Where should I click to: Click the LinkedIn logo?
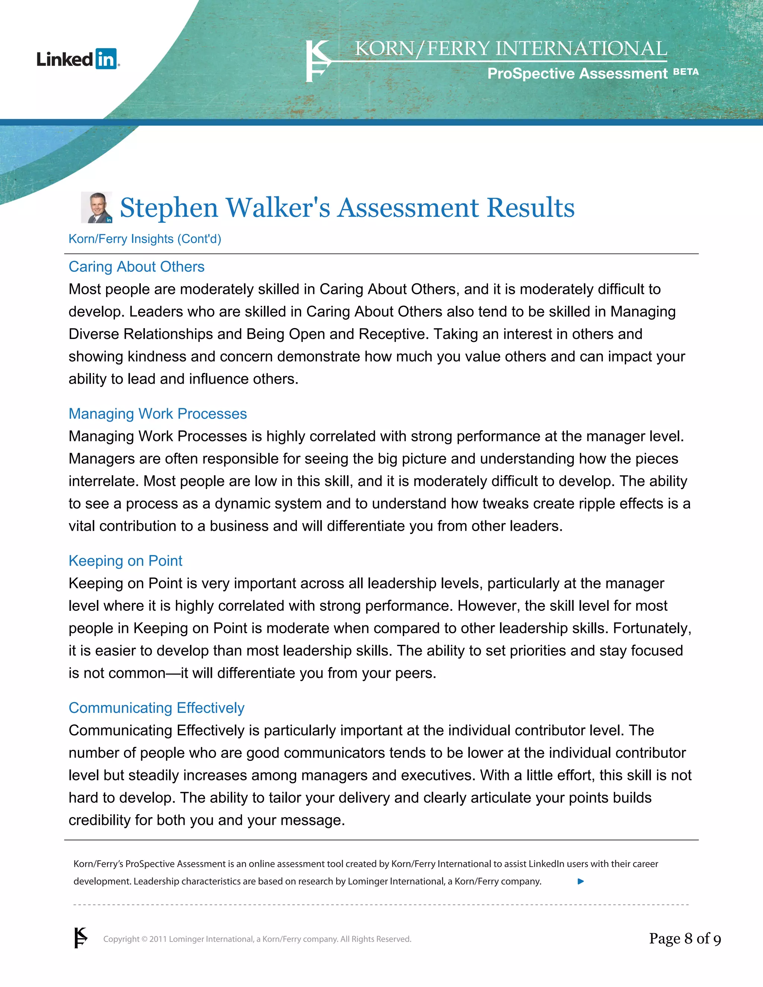(78, 59)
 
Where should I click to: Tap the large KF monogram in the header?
(318, 61)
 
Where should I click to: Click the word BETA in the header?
(686, 72)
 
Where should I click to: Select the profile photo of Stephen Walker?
(96, 207)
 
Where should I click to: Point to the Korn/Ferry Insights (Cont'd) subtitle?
(145, 239)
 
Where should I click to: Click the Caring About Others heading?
(136, 267)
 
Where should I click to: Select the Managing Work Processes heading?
(157, 413)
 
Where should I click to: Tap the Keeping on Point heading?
(125, 561)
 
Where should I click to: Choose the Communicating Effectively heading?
(156, 708)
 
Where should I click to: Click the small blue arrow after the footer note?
(581, 881)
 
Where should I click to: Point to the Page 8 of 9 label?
(684, 939)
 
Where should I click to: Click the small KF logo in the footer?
(80, 938)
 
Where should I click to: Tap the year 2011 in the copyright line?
(158, 939)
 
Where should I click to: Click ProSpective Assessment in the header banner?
(577, 73)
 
